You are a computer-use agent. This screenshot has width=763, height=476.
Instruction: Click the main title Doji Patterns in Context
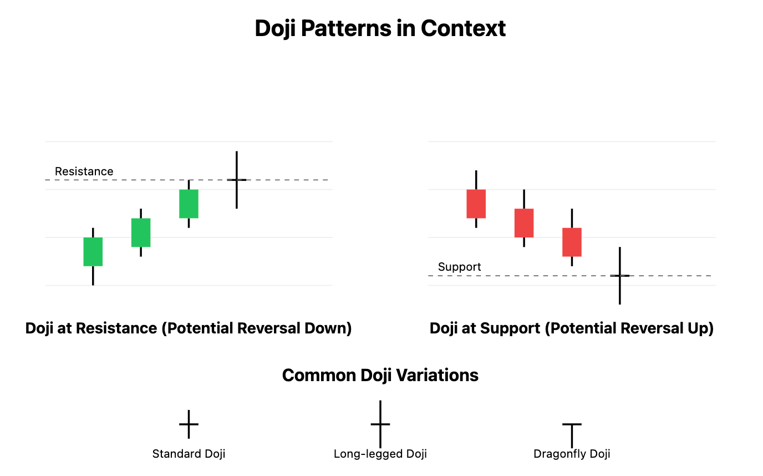pyautogui.click(x=380, y=28)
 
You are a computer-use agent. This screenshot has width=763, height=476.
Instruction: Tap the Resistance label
pyautogui.click(x=84, y=171)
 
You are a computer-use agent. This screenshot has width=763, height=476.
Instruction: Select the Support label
pyautogui.click(x=459, y=267)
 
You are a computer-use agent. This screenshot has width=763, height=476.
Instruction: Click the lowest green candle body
pyautogui.click(x=93, y=252)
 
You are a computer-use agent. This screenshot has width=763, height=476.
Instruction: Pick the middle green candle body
pyautogui.click(x=141, y=232)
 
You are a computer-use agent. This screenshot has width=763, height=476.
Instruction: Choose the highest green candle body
pyautogui.click(x=189, y=204)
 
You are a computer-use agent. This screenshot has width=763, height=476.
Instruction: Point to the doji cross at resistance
pyautogui.click(x=237, y=180)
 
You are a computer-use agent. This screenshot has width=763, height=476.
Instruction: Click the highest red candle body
pyautogui.click(x=476, y=204)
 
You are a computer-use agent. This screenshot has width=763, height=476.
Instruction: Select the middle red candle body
pyautogui.click(x=524, y=223)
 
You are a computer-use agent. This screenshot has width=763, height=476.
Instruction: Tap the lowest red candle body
pyautogui.click(x=572, y=242)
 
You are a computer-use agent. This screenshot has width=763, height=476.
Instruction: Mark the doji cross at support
pyautogui.click(x=620, y=275)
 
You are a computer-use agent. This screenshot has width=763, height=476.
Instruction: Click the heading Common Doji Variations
pyautogui.click(x=380, y=376)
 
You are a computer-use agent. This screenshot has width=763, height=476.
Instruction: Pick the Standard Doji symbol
pyautogui.click(x=189, y=424)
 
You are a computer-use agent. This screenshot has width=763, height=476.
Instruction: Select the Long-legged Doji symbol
pyautogui.click(x=380, y=424)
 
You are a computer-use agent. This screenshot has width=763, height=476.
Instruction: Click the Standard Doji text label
pyautogui.click(x=189, y=454)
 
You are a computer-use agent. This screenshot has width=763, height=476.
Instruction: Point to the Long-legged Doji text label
pyautogui.click(x=380, y=454)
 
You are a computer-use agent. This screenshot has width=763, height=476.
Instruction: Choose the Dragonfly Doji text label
pyautogui.click(x=572, y=454)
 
